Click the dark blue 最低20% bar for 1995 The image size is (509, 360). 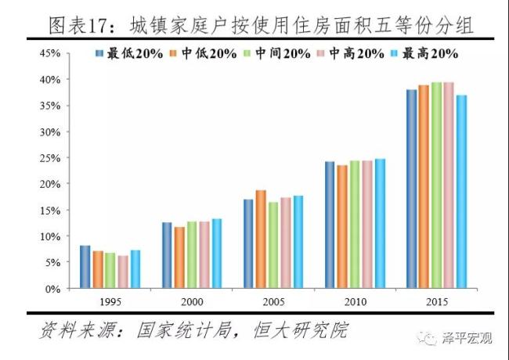point(85,267)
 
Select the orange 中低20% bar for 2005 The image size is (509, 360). point(261,239)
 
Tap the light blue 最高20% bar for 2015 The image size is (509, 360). point(461,192)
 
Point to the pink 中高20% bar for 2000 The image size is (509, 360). point(204,254)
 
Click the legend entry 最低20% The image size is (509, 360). point(130,53)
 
